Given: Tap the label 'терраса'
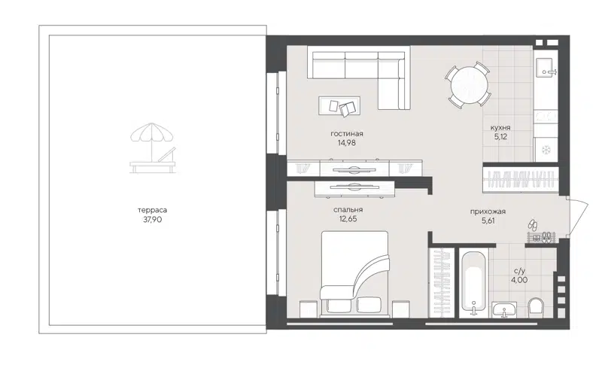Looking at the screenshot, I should coord(153,211).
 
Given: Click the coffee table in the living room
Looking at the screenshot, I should coord(339,107).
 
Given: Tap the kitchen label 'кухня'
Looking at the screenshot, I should coord(500,127).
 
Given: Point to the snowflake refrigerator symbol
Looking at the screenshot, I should coord(545,150).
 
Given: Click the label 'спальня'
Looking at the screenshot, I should coord(348,210).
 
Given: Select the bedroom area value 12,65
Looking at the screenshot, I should coord(348,220).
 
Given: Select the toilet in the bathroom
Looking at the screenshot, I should coord(537,307).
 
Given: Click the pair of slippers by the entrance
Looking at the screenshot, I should coord(531,225).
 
